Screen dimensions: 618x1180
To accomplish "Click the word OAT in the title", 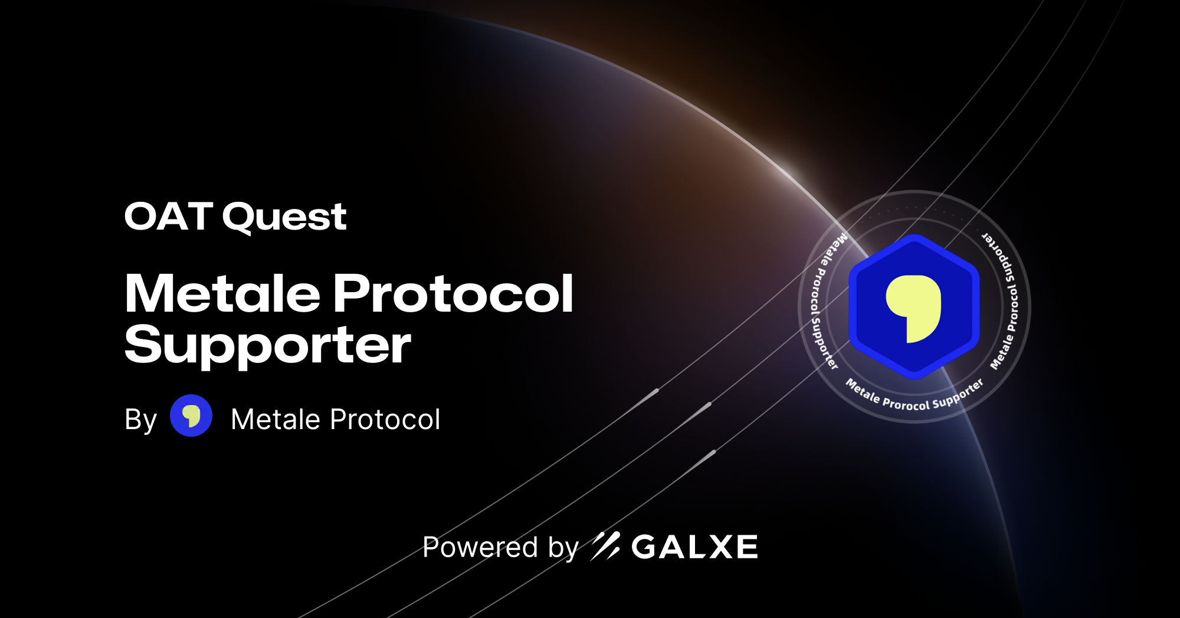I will tap(168, 217).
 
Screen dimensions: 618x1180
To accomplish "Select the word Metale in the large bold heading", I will tap(223, 293).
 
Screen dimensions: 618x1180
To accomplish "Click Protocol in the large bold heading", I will tap(453, 293).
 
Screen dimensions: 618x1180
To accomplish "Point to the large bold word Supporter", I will tap(267, 346).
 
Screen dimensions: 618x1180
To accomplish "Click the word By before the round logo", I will tap(140, 420).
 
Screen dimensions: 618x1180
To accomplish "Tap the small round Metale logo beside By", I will tap(191, 416).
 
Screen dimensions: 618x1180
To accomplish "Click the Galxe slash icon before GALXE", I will tap(605, 546).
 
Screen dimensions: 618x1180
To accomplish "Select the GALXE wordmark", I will tap(694, 547).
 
